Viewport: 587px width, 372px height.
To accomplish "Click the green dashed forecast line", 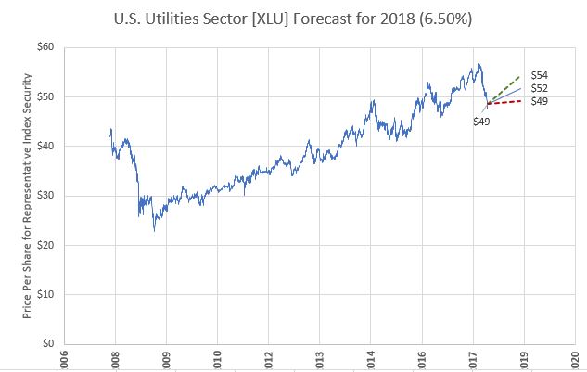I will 506,84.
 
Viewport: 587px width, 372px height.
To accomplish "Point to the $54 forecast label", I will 539,75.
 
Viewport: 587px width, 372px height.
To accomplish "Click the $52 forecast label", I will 539,89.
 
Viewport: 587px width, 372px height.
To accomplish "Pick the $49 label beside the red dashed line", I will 539,101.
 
